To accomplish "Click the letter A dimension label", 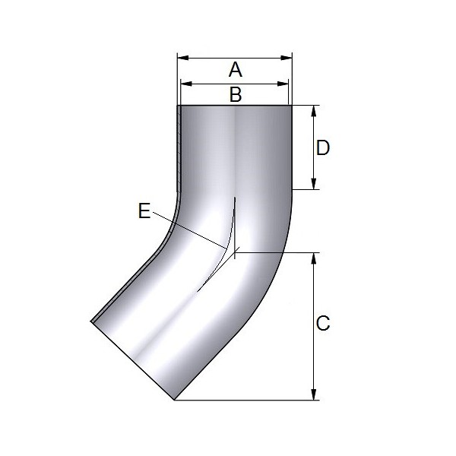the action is coord(236,70).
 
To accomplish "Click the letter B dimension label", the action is coord(236,95).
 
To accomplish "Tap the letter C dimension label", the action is coord(323,323).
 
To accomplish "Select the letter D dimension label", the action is coord(323,147).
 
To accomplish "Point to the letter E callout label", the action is coord(144,211).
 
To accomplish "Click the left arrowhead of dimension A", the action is coord(183,59).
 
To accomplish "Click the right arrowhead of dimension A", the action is coord(287,59).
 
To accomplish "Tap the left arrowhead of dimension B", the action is coord(186,84).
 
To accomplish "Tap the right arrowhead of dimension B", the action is coord(283,84).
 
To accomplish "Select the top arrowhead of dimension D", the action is coord(313,111).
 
